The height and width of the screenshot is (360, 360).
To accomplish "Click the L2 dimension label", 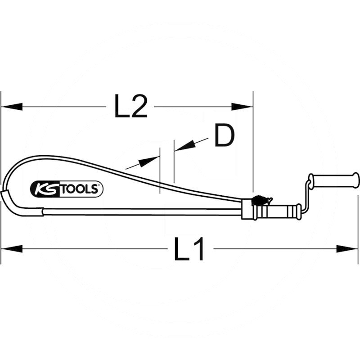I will coord(130,107).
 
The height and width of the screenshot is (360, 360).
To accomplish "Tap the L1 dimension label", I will coord(189,249).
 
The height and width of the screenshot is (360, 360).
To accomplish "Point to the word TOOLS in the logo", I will coord(78,189).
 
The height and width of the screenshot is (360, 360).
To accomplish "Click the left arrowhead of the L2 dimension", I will coord(12,107).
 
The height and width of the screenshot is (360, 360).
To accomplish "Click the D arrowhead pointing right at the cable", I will coord(149,161).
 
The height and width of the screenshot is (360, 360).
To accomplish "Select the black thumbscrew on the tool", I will coord(260,200).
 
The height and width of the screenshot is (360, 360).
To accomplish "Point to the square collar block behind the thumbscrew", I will coord(247,210).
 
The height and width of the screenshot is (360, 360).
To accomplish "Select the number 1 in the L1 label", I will coord(198,249).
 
